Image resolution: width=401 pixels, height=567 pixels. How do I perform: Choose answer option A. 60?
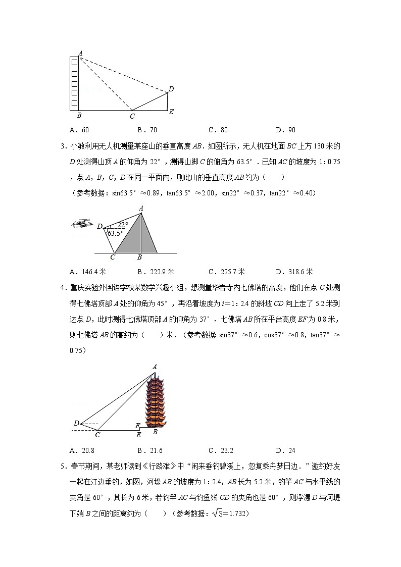pyautogui.click(x=81, y=130)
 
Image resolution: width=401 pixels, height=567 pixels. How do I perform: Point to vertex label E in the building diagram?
pyautogui.click(x=171, y=112)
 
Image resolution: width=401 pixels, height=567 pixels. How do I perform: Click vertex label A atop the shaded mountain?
pyautogui.click(x=141, y=208)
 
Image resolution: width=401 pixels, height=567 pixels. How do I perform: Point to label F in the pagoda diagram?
pyautogui.click(x=137, y=426)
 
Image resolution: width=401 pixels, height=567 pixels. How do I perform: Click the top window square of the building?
pyautogui.click(x=74, y=62)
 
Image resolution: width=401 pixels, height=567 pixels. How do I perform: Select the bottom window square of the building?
pyautogui.click(x=74, y=103)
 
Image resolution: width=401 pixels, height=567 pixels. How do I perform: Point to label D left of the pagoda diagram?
pyautogui.click(x=76, y=423)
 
